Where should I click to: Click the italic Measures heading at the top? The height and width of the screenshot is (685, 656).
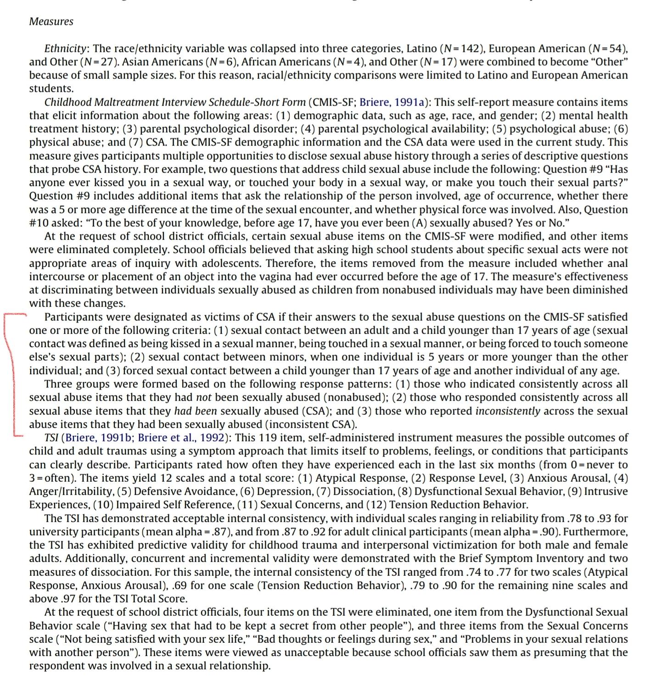point(51,22)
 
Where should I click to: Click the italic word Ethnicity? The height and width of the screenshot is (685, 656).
point(66,49)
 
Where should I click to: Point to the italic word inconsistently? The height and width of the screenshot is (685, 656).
point(508,411)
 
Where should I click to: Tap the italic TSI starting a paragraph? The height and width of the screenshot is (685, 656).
point(51,438)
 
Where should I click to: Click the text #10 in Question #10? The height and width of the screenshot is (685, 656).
point(39,223)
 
